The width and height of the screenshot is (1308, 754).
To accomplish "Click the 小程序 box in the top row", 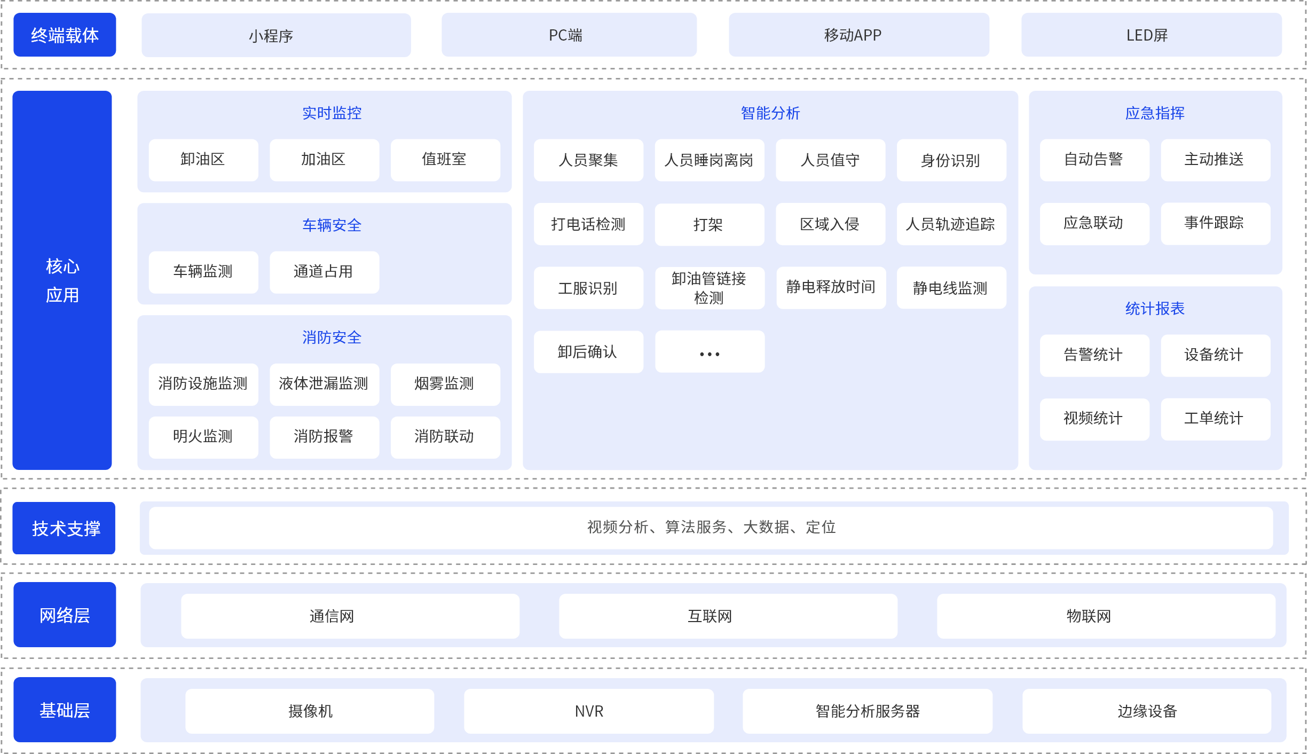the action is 276,35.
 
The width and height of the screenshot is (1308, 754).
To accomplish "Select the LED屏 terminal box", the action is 1152,35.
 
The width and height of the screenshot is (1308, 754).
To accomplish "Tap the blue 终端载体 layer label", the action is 65,35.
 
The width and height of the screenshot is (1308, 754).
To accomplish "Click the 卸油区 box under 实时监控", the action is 203,160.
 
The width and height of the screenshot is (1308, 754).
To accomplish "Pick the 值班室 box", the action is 445,160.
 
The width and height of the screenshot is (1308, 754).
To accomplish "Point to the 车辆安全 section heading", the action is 332,225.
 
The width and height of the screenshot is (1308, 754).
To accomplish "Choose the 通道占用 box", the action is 324,272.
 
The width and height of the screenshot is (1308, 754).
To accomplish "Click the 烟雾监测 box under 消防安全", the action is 445,384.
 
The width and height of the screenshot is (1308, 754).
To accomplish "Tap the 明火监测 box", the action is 203,437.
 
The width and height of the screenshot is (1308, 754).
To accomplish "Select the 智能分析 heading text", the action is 770,113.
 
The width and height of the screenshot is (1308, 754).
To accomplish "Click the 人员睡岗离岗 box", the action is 710,160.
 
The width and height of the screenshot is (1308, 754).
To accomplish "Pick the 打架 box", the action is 710,224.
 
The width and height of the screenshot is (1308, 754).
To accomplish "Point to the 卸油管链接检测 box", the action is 710,288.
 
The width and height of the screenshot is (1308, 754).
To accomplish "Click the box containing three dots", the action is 710,352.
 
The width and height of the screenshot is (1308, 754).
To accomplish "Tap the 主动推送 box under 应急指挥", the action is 1216,160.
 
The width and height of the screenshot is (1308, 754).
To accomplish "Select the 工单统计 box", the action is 1216,419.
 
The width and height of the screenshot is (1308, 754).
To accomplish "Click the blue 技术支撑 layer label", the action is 64,528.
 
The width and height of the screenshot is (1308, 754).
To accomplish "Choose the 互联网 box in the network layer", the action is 728,616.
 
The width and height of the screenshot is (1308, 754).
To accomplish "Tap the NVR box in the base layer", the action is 589,711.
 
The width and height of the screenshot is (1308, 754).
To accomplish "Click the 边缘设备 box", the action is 1147,711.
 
